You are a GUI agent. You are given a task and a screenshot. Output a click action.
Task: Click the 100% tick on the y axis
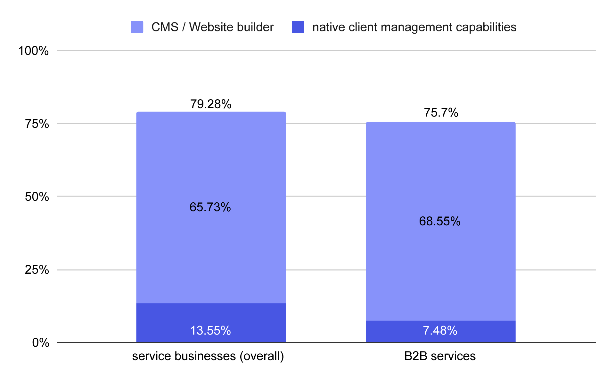[x=34, y=51]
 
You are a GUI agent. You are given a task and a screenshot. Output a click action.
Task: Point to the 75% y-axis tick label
[x=37, y=124]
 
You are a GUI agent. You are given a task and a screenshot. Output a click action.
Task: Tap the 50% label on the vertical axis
[x=37, y=197]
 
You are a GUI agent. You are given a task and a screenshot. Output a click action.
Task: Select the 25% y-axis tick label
[x=37, y=270]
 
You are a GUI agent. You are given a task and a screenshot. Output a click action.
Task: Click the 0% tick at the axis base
[x=41, y=343]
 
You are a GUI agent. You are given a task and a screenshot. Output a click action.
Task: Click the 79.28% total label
[x=211, y=104]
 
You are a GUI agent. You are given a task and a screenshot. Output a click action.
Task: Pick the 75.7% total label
[x=441, y=113]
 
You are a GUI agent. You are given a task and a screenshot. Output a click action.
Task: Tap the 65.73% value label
[x=210, y=207]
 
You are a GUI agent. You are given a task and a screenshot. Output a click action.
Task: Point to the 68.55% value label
[x=440, y=221]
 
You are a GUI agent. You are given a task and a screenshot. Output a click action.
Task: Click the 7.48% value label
[x=440, y=331]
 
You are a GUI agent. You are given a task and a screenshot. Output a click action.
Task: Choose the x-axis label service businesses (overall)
[x=208, y=356]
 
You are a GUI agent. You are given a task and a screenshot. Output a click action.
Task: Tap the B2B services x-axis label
[x=440, y=356]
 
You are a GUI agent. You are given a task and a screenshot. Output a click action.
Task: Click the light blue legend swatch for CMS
[x=137, y=27]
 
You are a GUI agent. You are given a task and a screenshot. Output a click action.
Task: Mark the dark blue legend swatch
[x=298, y=27]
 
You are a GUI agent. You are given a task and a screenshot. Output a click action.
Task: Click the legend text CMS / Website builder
[x=212, y=27]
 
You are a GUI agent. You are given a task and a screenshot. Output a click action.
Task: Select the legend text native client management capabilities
[x=414, y=27]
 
